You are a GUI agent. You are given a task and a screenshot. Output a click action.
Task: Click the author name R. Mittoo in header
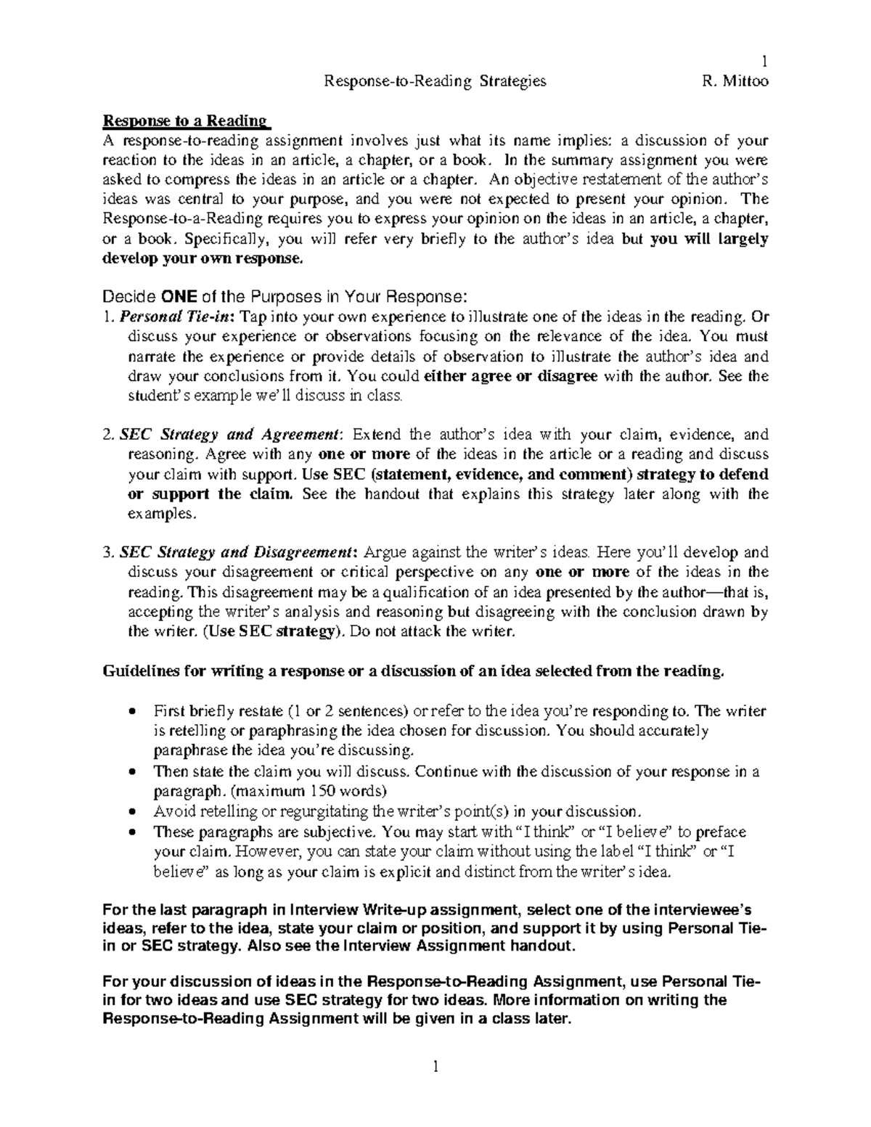[x=735, y=81]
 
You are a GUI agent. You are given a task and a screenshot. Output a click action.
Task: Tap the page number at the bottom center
[x=435, y=1066]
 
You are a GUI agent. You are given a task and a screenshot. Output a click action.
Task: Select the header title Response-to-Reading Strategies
[x=435, y=81]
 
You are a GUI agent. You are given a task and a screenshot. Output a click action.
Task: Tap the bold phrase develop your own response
[x=200, y=258]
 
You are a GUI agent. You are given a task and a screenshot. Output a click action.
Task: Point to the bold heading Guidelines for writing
[x=414, y=671]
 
